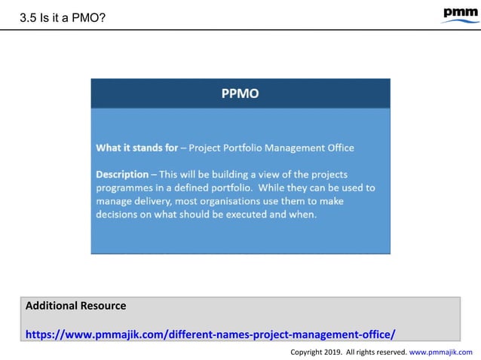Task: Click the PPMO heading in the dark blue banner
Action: pyautogui.click(x=240, y=93)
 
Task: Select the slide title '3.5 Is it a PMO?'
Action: pyautogui.click(x=62, y=17)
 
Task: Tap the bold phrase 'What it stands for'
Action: pyautogui.click(x=136, y=148)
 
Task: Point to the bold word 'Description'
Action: pyautogui.click(x=122, y=174)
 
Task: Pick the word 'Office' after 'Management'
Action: pyautogui.click(x=338, y=148)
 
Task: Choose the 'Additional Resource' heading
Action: pyautogui.click(x=75, y=306)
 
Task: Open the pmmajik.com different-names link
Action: pyautogui.click(x=210, y=334)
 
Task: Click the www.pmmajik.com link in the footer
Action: pyautogui.click(x=441, y=352)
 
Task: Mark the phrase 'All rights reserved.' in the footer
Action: pyautogui.click(x=375, y=352)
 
